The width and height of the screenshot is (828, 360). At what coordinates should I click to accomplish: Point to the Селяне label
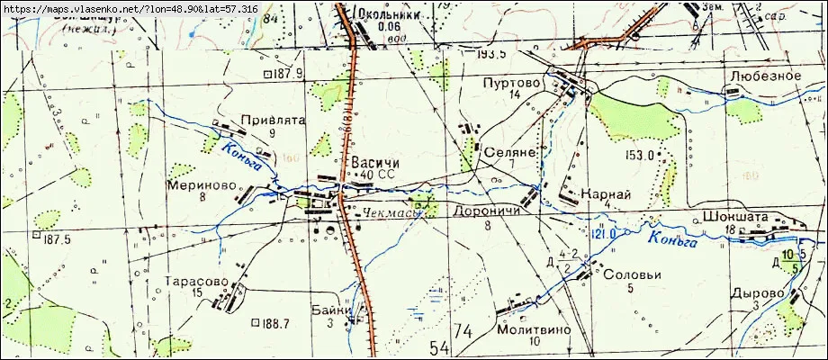[510, 153]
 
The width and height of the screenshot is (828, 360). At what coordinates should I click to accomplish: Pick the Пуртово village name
[514, 82]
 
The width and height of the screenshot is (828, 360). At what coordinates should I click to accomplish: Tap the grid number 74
[463, 334]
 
